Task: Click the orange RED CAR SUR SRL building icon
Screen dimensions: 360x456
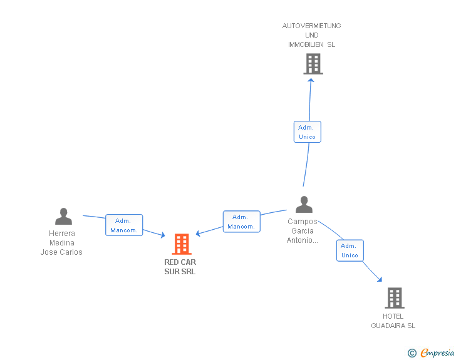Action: point(181,244)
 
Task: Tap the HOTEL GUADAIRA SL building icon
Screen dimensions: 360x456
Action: point(394,298)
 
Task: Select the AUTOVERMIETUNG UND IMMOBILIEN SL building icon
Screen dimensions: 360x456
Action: point(313,64)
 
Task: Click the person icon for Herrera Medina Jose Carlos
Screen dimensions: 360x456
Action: point(63,217)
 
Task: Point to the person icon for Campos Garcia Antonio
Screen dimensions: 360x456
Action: point(304,205)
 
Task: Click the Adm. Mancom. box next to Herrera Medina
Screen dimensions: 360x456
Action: point(124,225)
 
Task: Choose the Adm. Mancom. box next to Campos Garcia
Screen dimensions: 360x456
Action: point(241,222)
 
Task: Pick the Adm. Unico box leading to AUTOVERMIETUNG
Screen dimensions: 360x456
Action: point(307,132)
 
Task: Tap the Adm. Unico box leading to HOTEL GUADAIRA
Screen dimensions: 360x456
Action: point(350,250)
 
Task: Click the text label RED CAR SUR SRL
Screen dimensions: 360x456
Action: point(180,267)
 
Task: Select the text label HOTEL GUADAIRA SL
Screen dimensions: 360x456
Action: point(393,321)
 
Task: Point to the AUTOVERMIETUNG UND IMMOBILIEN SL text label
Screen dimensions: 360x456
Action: point(312,35)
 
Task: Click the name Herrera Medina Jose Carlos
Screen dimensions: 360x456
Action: point(61,243)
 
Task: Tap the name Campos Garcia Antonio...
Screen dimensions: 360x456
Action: point(303,231)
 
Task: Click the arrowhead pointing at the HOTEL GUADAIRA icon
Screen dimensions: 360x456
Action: point(380,279)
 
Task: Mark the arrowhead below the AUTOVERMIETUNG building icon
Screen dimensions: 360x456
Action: point(311,80)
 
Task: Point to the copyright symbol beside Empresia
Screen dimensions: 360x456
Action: point(412,353)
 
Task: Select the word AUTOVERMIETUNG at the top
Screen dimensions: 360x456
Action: point(312,26)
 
